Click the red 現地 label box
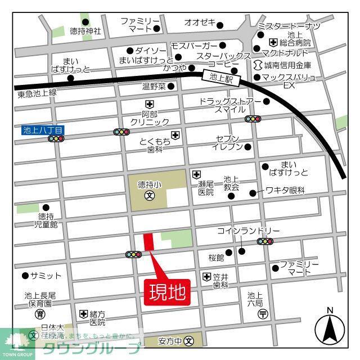168,292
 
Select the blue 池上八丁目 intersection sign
43,130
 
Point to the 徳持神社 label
85,31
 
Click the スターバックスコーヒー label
223,60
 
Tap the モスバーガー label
194,45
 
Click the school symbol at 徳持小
150,196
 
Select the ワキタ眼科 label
285,191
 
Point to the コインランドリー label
248,231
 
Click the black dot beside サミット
25,276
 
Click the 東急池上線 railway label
37,93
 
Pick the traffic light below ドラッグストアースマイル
253,119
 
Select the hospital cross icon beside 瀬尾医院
196,174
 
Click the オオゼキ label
200,22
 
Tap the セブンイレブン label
228,142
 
